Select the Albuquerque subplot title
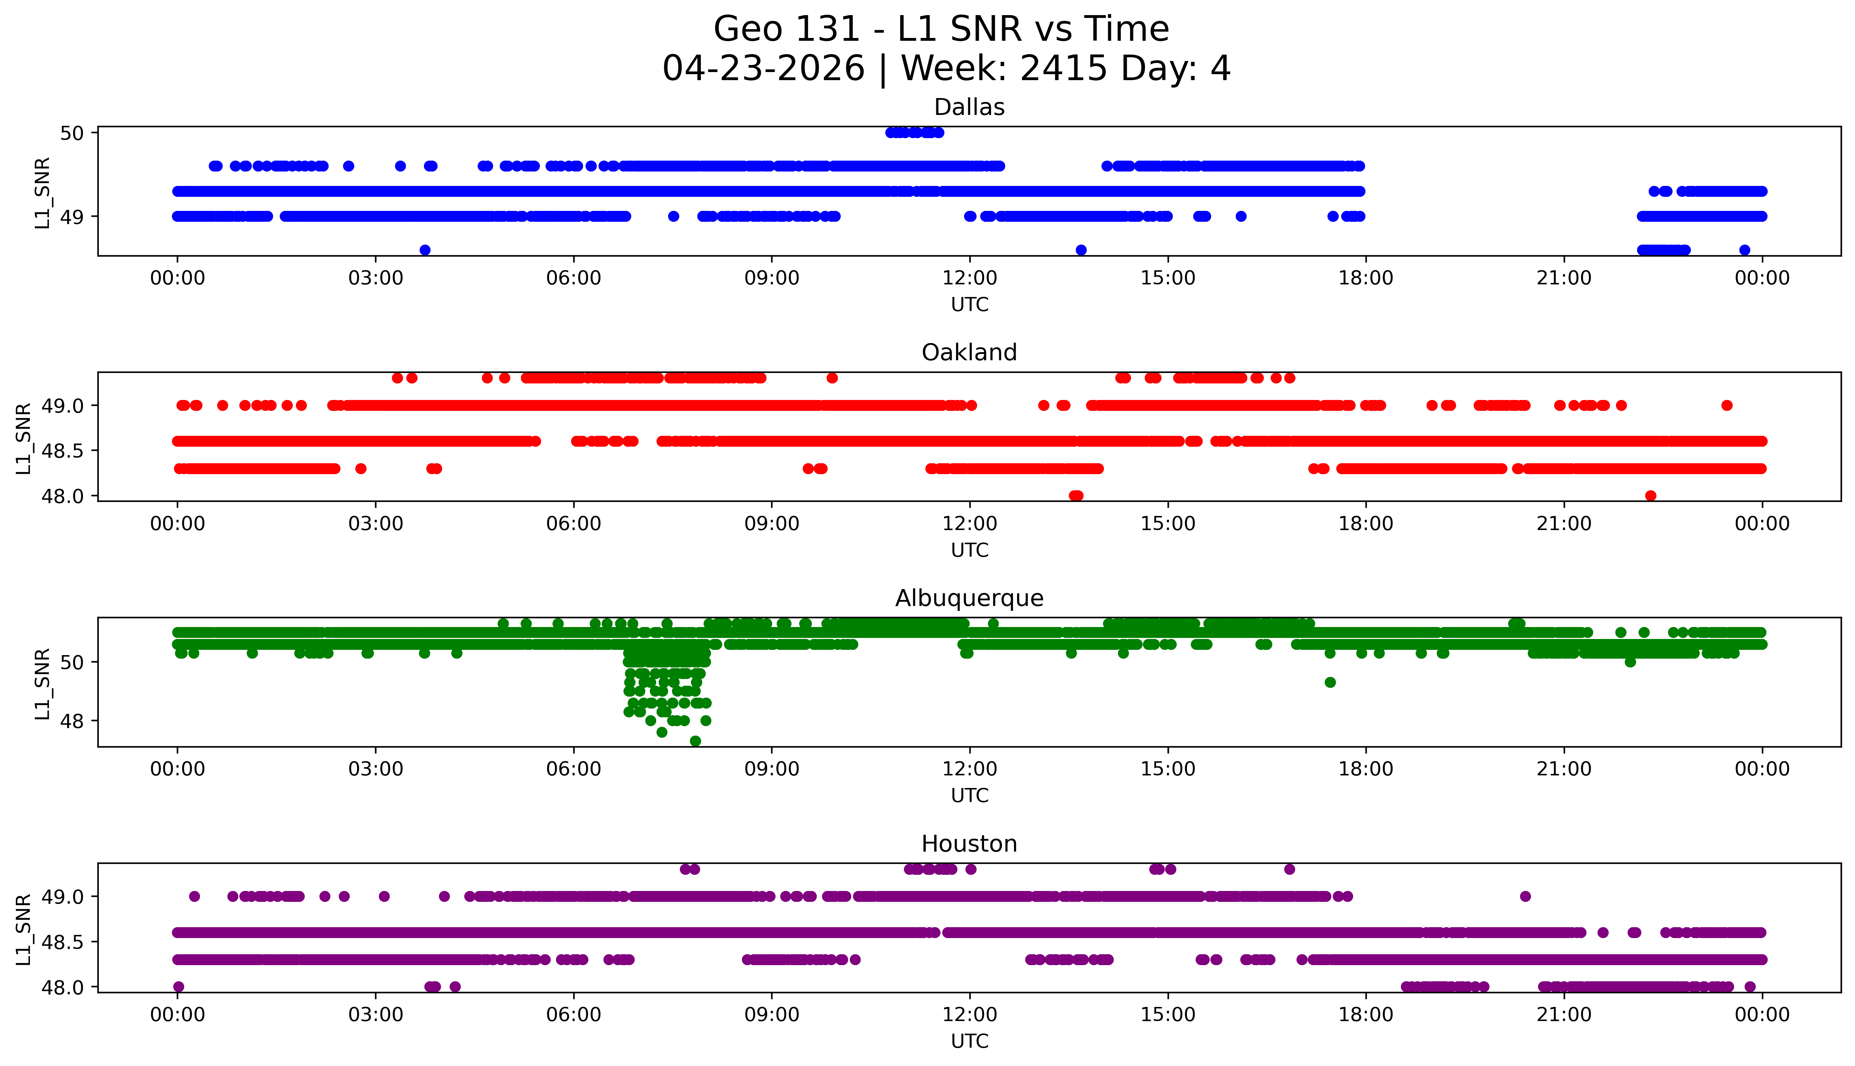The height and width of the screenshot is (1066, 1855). [x=969, y=598]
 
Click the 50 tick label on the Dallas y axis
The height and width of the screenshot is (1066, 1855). [x=72, y=133]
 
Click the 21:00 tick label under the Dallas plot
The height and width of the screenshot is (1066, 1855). [x=1564, y=278]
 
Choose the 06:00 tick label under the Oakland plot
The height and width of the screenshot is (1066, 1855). [x=573, y=523]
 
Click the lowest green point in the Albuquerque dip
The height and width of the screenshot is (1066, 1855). [x=696, y=741]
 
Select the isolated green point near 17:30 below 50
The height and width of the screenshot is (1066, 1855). [x=1330, y=682]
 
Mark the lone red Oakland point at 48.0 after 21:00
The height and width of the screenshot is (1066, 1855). [x=1651, y=496]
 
